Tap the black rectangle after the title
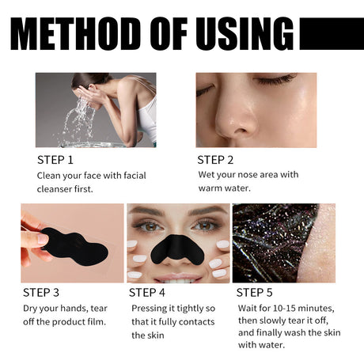(331, 33)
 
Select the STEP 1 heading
(59, 159)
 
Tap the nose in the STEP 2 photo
(237, 119)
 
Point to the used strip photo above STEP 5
(283, 242)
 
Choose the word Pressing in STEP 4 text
(150, 308)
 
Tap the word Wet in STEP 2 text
(207, 175)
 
